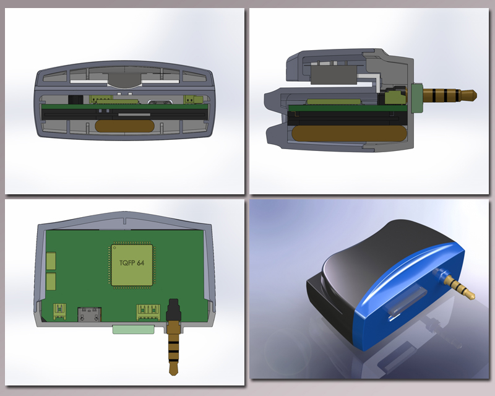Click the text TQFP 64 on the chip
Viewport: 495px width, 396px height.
coord(132,263)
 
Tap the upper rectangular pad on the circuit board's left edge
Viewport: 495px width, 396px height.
coord(51,260)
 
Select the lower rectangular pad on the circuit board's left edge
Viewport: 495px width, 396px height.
coord(51,282)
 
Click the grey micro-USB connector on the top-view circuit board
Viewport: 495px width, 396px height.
coord(89,314)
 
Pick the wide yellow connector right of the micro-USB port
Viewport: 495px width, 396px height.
coord(148,312)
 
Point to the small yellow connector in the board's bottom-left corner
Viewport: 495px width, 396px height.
coord(59,311)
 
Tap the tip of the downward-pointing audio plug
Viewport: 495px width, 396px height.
coord(173,374)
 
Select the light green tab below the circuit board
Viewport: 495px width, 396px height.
coord(134,329)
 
